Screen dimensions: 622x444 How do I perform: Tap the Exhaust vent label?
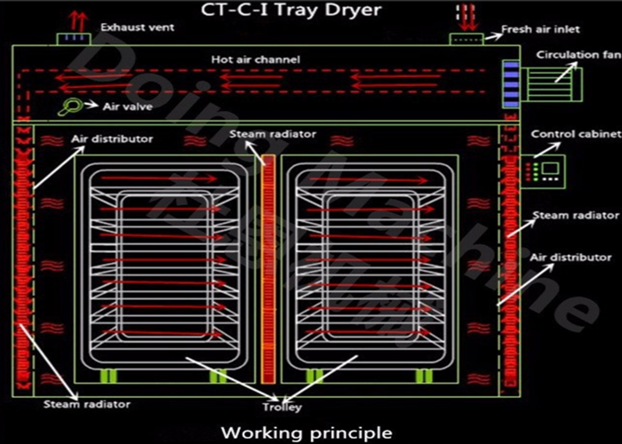click(x=137, y=28)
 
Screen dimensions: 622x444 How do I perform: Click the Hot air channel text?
click(x=255, y=59)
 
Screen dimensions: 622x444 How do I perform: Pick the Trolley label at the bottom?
click(x=282, y=408)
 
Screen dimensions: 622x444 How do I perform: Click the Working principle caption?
click(x=307, y=433)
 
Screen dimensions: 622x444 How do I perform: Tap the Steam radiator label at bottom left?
click(x=86, y=404)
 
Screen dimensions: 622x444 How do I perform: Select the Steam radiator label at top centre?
click(x=273, y=134)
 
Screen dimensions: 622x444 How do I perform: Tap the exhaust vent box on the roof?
click(x=69, y=38)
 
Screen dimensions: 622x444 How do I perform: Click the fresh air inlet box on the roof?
click(x=466, y=39)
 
